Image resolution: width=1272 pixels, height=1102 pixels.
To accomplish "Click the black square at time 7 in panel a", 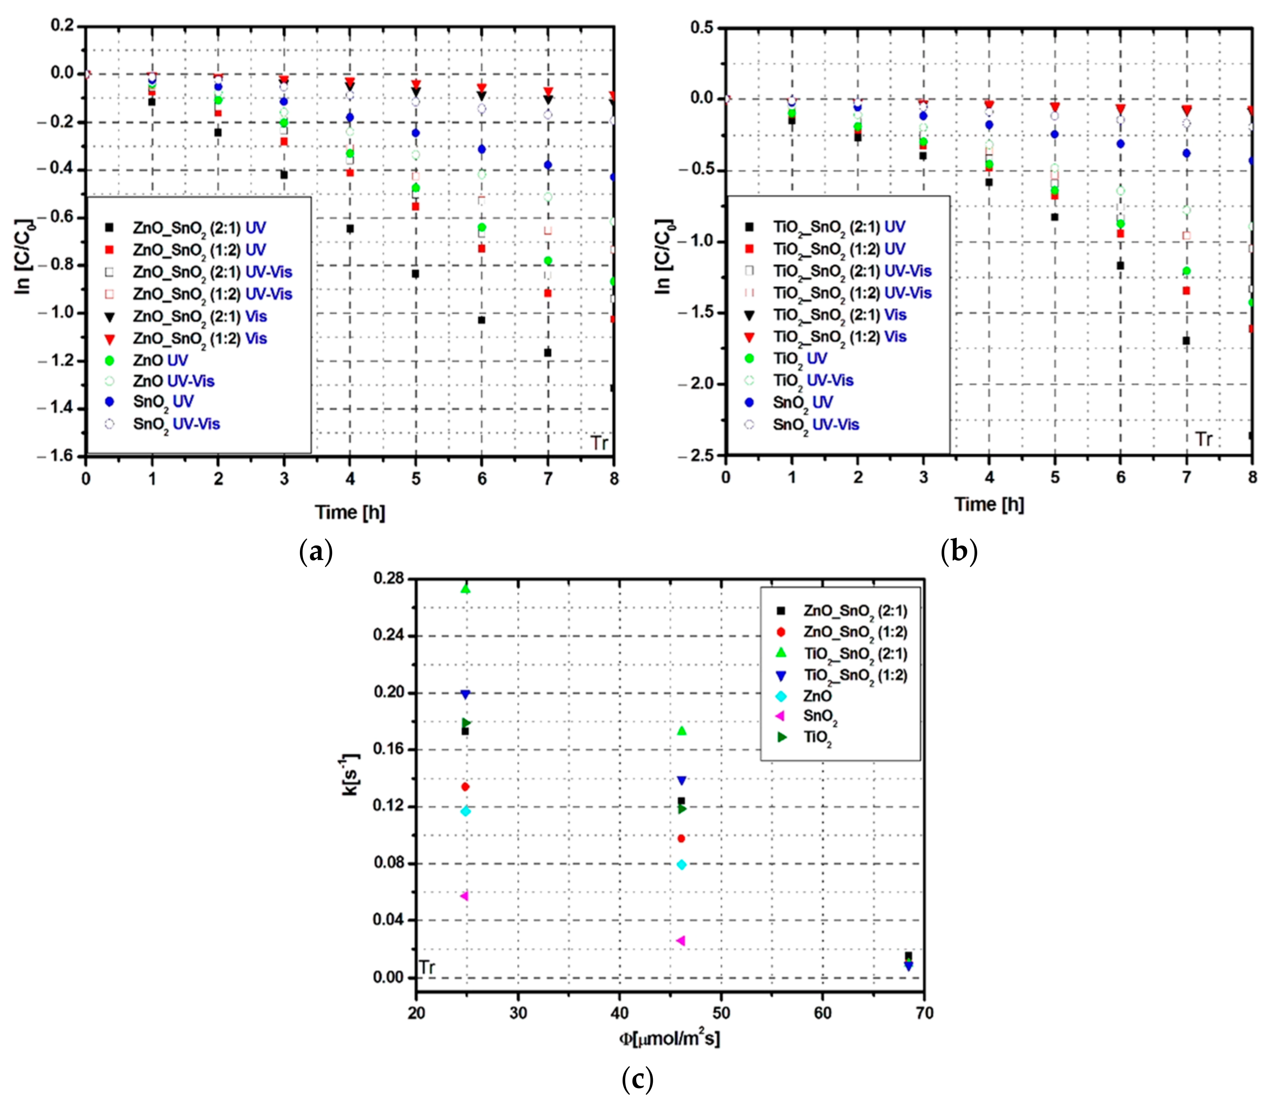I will click(547, 352).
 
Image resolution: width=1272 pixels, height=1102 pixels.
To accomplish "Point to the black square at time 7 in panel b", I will click(1186, 340).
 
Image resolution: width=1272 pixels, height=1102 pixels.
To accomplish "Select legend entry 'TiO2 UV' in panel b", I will click(800, 359).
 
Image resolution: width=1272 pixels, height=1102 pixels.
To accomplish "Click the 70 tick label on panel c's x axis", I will click(924, 1013).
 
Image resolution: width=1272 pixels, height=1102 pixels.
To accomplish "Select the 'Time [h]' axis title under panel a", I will click(349, 512).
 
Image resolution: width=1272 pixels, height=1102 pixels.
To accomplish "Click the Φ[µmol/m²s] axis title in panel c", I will click(669, 1039).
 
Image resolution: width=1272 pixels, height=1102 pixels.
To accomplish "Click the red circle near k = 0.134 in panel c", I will click(465, 786).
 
